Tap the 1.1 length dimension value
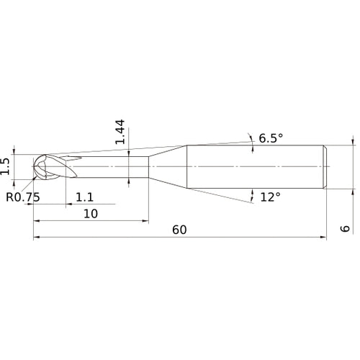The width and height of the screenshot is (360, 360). coord(84,197)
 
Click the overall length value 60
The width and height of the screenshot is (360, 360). coord(179,230)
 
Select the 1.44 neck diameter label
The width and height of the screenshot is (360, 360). coord(121,132)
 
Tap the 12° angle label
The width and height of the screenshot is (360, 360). coord(269,197)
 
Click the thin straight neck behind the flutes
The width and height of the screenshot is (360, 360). coord(115,167)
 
